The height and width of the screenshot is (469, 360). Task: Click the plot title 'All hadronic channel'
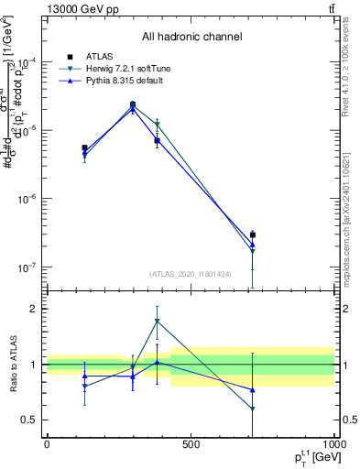point(191,37)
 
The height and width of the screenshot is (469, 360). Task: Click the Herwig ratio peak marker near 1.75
point(158,322)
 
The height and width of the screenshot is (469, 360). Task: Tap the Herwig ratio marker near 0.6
point(252,409)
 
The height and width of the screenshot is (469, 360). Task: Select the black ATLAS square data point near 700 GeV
point(252,235)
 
